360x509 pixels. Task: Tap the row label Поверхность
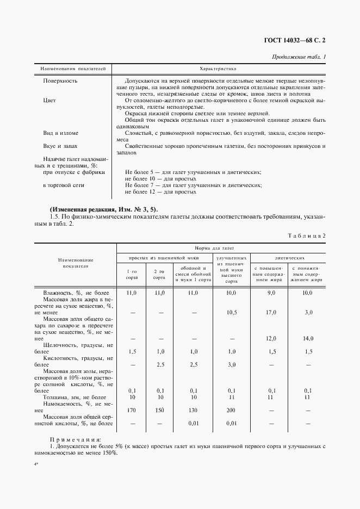click(60, 80)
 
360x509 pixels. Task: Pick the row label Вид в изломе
click(60, 133)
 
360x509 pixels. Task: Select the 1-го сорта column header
click(132, 274)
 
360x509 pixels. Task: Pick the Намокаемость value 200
click(231, 409)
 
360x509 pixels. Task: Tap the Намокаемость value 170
click(131, 409)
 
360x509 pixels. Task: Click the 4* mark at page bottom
click(37, 465)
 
